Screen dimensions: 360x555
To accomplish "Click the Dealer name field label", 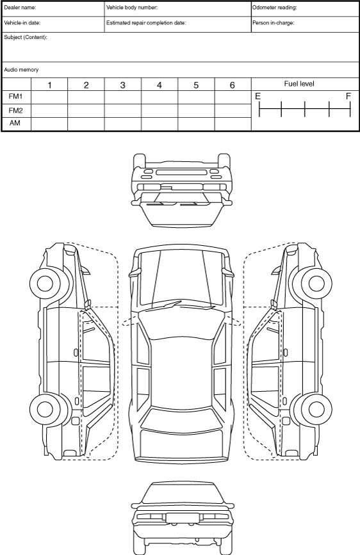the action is [20, 8].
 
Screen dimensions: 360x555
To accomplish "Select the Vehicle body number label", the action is [132, 8].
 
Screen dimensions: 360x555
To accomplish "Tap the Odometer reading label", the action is [275, 8].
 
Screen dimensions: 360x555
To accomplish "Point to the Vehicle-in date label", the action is [22, 23].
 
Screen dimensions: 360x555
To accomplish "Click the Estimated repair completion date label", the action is [146, 23].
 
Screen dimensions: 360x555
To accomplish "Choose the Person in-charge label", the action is [273, 23].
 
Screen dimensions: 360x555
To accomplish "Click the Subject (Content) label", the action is [26, 37].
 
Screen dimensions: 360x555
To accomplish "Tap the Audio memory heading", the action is [21, 70].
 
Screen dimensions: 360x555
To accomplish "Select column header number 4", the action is [160, 85].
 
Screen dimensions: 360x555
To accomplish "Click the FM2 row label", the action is [15, 111].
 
